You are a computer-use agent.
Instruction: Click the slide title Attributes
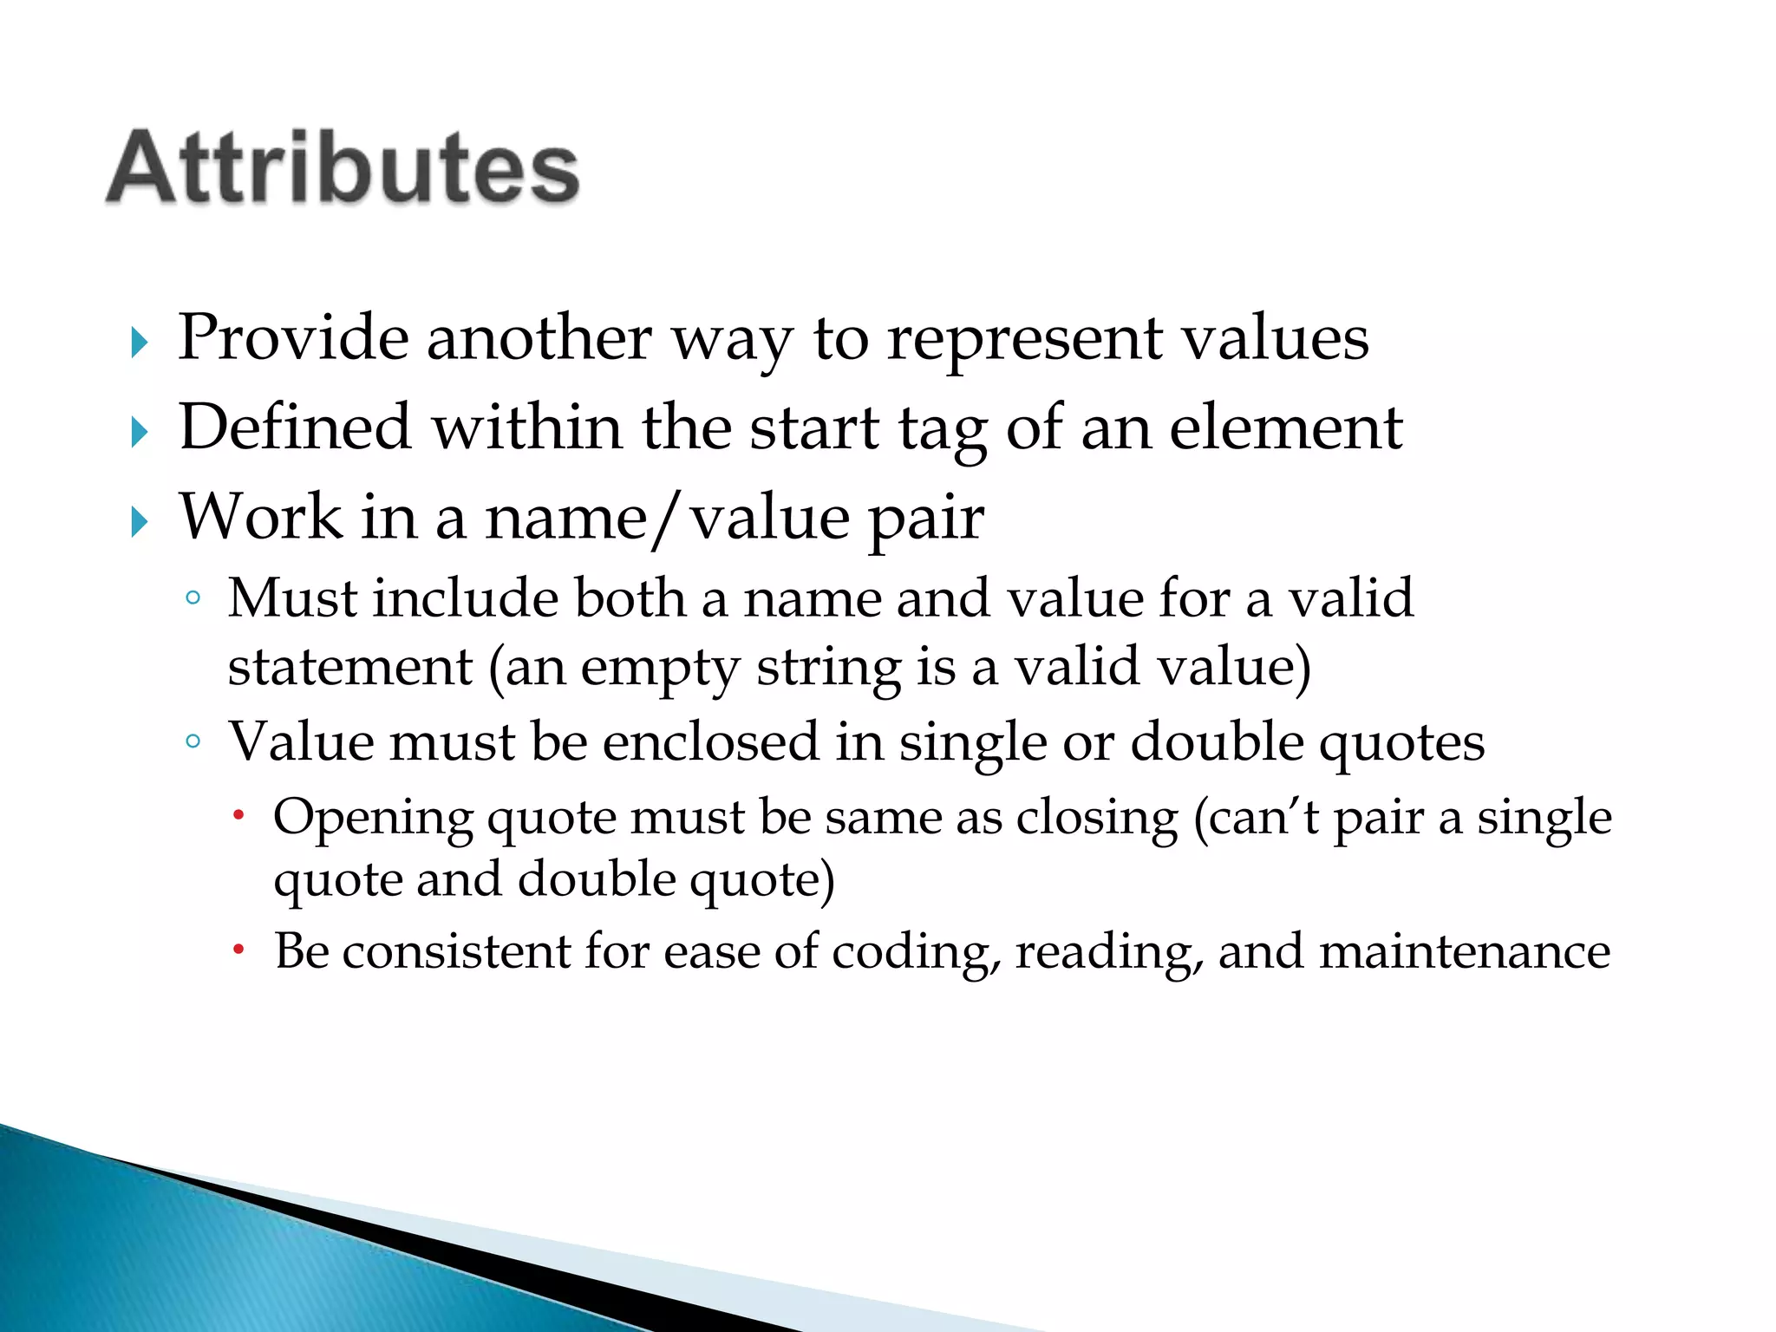click(x=343, y=166)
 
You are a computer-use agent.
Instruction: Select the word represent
click(x=1024, y=338)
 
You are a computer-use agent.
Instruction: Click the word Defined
click(x=295, y=427)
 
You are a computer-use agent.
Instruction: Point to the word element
click(x=1285, y=427)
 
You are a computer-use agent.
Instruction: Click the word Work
click(x=260, y=517)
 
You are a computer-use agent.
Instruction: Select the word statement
click(x=350, y=667)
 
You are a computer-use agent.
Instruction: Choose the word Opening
click(x=373, y=818)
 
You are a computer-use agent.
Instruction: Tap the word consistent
click(x=455, y=951)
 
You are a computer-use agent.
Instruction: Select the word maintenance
click(x=1464, y=951)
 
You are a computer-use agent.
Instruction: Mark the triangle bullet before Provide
click(x=140, y=343)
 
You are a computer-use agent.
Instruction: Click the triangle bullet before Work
click(x=140, y=522)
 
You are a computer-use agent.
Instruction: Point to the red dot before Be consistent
click(x=239, y=950)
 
